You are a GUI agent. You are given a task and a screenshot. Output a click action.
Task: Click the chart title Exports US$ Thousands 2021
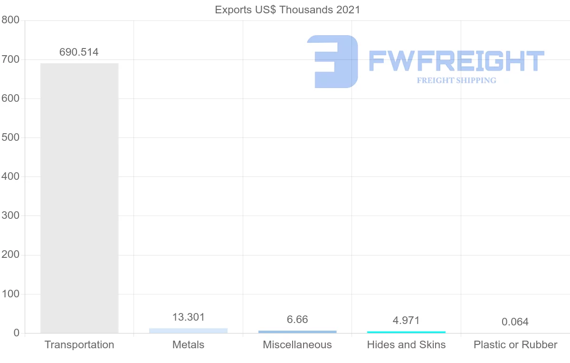tap(287, 10)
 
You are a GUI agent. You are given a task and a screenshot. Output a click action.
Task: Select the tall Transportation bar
tap(79, 198)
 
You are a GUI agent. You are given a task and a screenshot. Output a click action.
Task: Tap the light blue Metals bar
tap(188, 330)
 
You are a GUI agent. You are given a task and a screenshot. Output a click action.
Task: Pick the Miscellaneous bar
tap(297, 332)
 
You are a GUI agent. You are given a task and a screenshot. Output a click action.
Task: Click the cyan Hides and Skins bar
tap(406, 332)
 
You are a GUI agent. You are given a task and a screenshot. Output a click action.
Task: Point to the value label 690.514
tap(79, 52)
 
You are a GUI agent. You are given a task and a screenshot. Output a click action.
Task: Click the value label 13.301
tap(188, 317)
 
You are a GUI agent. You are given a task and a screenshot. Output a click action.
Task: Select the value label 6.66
tap(297, 320)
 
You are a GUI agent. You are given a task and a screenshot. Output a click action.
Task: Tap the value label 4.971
tap(406, 320)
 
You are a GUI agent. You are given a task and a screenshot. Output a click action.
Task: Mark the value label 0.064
tap(515, 322)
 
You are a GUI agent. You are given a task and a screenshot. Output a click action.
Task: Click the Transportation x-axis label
tap(79, 344)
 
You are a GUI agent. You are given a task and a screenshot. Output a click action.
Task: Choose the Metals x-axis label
tap(188, 344)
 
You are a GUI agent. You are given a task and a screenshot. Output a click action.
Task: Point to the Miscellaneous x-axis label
tap(297, 344)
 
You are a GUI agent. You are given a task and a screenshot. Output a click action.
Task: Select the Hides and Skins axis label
tap(406, 344)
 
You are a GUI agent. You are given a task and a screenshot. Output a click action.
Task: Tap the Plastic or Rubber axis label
tap(515, 344)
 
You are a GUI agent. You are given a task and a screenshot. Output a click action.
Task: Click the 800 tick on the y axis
tap(10, 20)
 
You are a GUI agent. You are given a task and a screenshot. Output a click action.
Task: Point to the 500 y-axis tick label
tap(10, 138)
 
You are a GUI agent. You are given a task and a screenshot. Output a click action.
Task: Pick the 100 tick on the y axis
tap(10, 294)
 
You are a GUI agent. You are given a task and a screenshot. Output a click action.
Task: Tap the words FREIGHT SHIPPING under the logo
tap(456, 80)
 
